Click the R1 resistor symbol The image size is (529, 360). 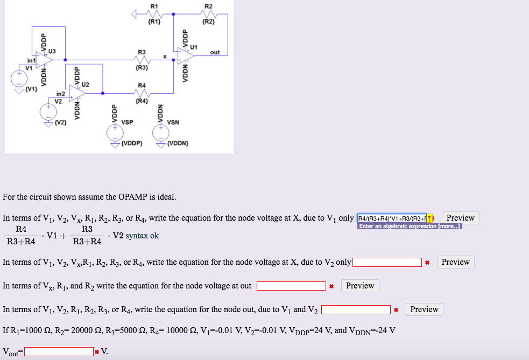154,15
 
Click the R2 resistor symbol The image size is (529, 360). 208,15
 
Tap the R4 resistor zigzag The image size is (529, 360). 142,93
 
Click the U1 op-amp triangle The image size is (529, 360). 187,56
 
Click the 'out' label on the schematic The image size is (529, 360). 215,52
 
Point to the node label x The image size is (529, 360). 166,55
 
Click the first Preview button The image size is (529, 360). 460,218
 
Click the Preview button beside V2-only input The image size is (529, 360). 455,262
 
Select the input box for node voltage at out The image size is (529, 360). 291,286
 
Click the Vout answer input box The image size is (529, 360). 58,352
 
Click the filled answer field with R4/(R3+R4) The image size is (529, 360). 392,218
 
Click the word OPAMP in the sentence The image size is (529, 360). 133,196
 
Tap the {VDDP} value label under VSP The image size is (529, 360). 131,144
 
